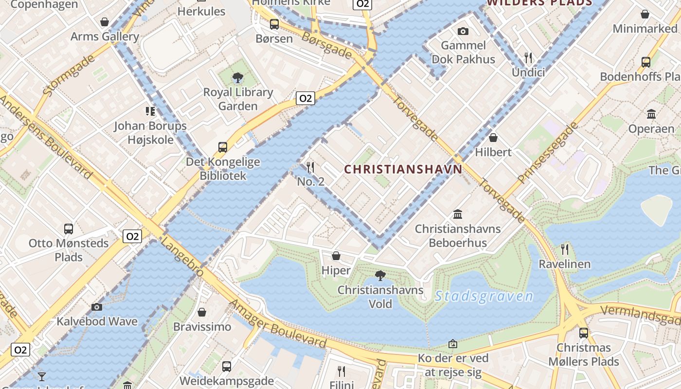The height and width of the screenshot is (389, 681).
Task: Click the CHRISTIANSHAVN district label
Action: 403,169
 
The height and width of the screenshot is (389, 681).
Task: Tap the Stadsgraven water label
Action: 484,296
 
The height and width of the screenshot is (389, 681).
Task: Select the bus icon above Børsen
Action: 274,24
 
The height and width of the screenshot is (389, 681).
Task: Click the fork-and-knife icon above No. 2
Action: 310,168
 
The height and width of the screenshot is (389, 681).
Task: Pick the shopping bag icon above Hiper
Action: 336,256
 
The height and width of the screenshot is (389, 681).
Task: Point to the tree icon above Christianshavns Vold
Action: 380,276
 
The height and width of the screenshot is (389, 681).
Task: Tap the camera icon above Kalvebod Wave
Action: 97,307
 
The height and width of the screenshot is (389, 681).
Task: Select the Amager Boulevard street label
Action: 278,324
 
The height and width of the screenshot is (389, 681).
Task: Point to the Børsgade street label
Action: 326,45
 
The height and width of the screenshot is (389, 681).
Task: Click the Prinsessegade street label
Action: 548,153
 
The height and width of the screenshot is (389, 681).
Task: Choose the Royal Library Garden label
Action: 238,99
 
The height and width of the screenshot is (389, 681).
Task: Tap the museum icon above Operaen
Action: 651,114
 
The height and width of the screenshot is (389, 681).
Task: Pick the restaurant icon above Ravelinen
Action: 565,249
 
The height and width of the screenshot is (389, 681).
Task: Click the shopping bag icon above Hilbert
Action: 493,138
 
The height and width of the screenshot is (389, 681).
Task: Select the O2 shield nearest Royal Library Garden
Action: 305,99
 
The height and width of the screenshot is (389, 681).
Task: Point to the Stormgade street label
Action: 69,75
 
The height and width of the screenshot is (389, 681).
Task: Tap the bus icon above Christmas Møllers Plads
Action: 584,333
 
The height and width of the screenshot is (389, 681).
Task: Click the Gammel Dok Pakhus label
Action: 463,53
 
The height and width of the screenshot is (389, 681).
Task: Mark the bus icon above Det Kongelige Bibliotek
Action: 223,147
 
